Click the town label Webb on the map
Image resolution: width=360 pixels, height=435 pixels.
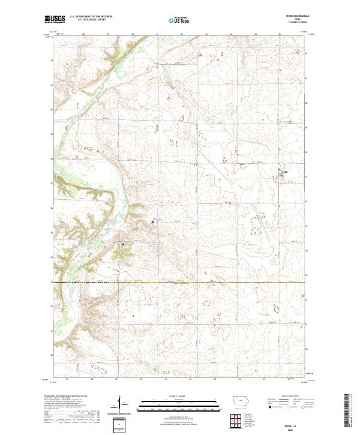coord(284,172)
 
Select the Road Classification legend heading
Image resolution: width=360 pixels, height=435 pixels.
coord(290,397)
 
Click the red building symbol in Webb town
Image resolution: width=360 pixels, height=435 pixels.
coord(279,176)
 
